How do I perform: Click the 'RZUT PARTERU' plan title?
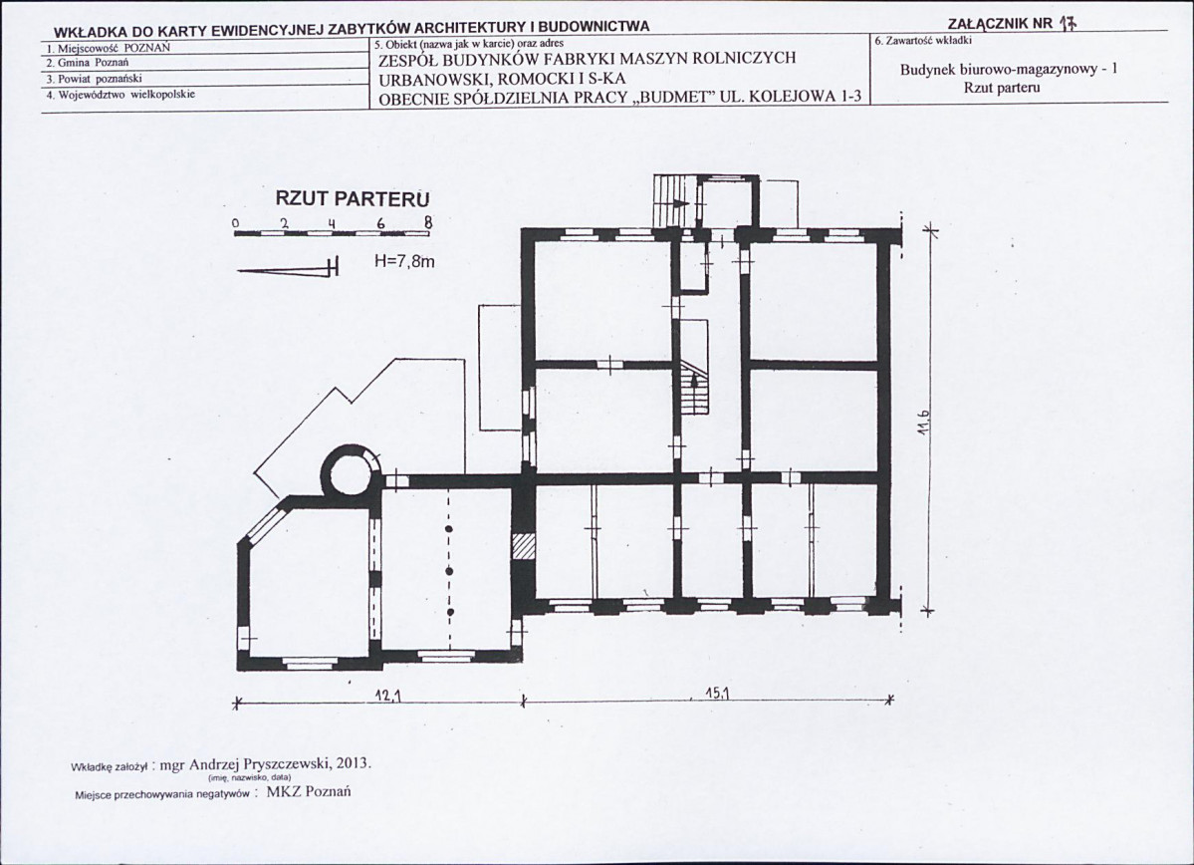click(353, 199)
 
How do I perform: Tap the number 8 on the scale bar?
click(428, 223)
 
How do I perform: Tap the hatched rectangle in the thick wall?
click(522, 546)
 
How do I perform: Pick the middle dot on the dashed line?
click(449, 571)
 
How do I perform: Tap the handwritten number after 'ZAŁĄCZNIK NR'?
click(1068, 23)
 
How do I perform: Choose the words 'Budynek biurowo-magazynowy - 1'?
click(1009, 70)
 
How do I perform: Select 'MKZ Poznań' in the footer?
click(309, 792)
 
